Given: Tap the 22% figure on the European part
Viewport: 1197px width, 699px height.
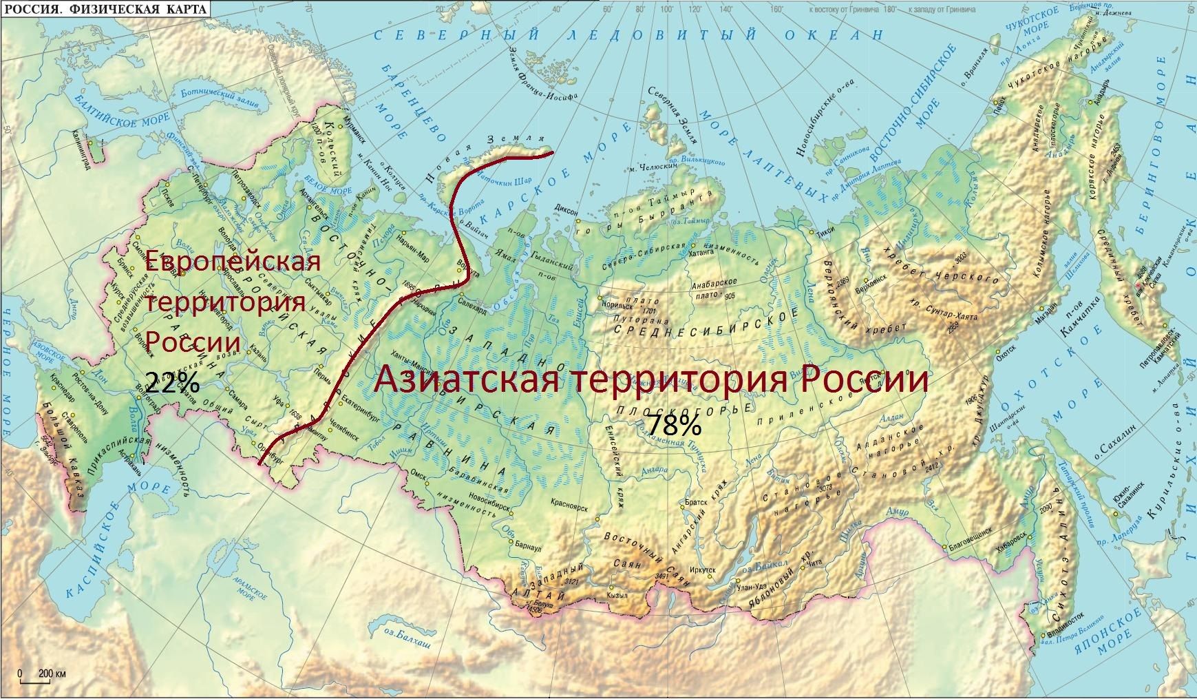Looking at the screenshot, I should click(172, 381).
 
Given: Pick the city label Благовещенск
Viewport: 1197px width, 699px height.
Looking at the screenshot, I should click(970, 531).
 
